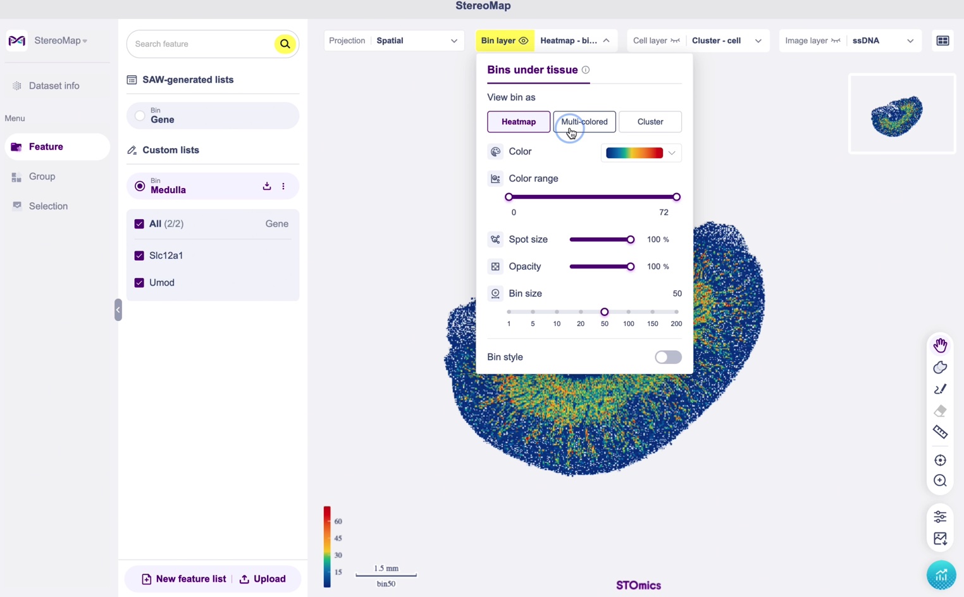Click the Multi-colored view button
tap(584, 122)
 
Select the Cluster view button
tap(650, 122)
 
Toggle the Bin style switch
tap(668, 357)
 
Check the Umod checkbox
tap(139, 282)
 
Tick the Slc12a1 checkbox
tap(139, 255)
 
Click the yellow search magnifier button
tap(285, 44)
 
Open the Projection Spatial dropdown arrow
tap(454, 41)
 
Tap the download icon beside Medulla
tap(267, 185)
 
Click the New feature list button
tap(183, 579)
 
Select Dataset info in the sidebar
tap(54, 85)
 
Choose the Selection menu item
tap(48, 206)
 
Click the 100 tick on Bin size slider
tap(628, 312)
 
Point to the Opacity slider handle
tap(631, 267)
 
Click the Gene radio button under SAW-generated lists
tap(140, 116)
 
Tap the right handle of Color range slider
tap(677, 197)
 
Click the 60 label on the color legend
tap(338, 521)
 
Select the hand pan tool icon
tap(941, 345)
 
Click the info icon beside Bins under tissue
tap(585, 70)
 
